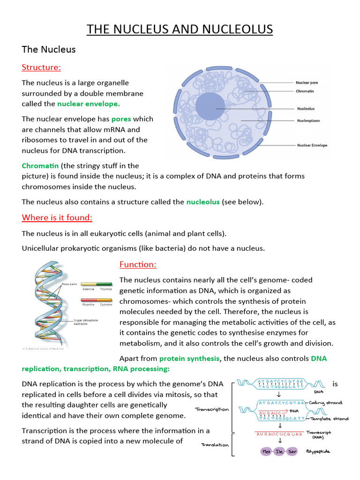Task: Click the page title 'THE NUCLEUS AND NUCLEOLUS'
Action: tap(180, 30)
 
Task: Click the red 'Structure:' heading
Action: tap(41, 67)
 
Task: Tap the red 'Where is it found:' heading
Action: tap(57, 217)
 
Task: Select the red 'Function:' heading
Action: tap(138, 264)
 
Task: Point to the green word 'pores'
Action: tap(121, 119)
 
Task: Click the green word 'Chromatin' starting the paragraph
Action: tap(40, 165)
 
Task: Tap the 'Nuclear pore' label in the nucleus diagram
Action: tap(307, 82)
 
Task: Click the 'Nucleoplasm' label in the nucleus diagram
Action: tap(308, 120)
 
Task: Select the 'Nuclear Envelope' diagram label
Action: tap(312, 145)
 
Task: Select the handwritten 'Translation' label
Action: tap(215, 445)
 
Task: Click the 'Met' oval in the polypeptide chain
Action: tap(267, 451)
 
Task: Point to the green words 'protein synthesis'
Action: tap(189, 359)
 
